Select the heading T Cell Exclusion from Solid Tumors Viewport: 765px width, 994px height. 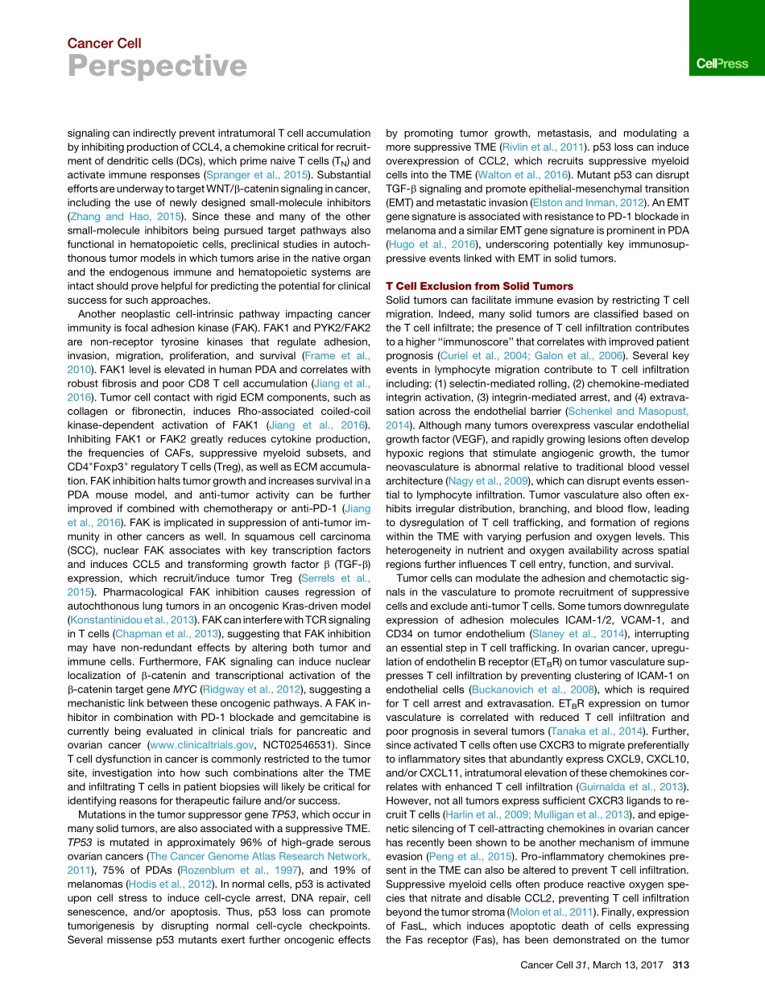click(480, 286)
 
